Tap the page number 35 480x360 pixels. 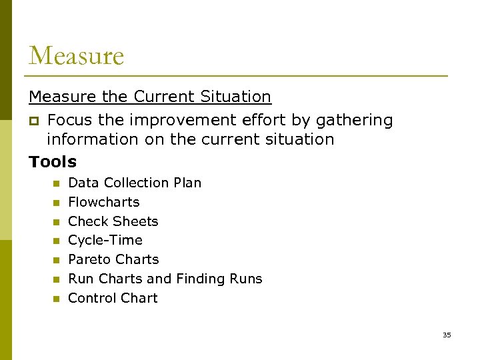(x=447, y=335)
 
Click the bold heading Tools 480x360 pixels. (x=53, y=162)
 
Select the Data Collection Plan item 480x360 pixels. (x=135, y=183)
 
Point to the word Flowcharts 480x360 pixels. (x=104, y=202)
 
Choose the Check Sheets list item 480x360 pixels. (x=113, y=221)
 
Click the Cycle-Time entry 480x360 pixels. (x=105, y=240)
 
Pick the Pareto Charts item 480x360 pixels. (x=113, y=259)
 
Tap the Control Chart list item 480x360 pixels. (x=113, y=298)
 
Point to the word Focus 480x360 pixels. (x=70, y=121)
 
